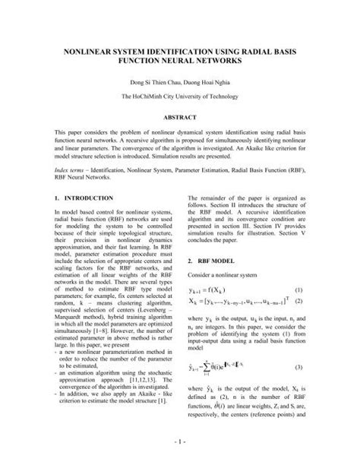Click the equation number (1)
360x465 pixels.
pos(298,290)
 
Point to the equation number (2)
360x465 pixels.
pos(298,302)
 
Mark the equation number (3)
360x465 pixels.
pos(298,368)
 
